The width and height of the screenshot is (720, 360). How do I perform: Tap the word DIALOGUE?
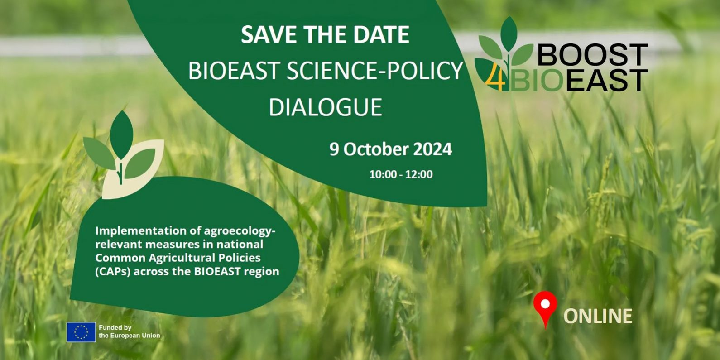[x=325, y=107]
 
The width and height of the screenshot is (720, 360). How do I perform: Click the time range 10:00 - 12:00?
[x=401, y=174]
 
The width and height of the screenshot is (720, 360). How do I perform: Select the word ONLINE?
[x=598, y=316]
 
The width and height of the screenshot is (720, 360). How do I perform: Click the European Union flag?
[x=81, y=332]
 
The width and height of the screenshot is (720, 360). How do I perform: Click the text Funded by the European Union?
[x=129, y=332]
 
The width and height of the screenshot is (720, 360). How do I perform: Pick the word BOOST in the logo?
[x=592, y=55]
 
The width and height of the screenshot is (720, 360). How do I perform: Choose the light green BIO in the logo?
[x=536, y=80]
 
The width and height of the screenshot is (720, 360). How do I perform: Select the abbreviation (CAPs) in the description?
[x=113, y=272]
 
